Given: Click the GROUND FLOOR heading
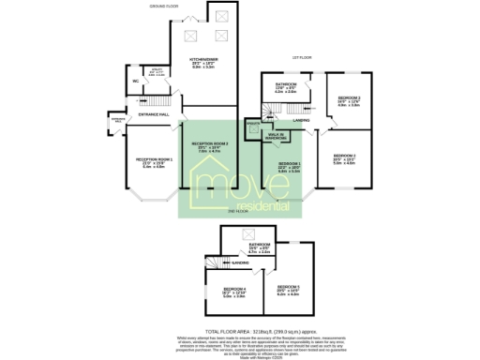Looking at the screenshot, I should [163, 7].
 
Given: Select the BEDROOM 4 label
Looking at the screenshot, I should [232, 289].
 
